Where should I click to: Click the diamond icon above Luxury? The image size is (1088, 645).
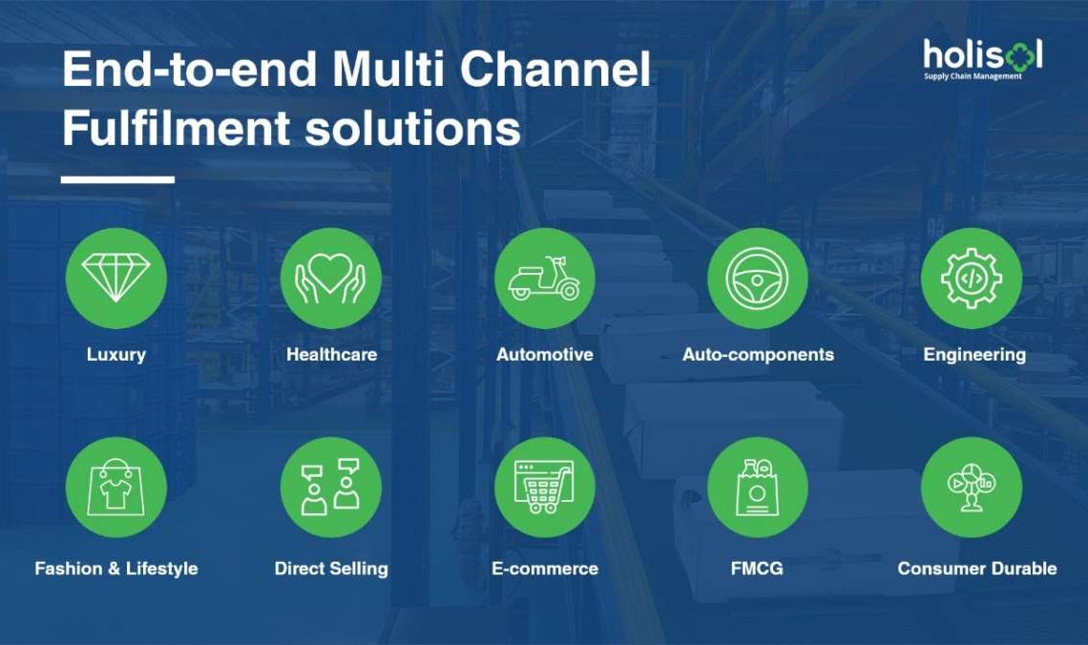click(x=115, y=278)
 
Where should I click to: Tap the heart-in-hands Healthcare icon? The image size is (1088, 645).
click(x=331, y=278)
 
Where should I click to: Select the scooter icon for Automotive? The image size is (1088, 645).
click(x=545, y=278)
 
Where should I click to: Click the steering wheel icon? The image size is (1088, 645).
click(x=758, y=278)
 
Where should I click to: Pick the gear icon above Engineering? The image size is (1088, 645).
click(x=972, y=278)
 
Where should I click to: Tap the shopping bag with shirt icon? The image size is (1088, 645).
click(x=115, y=488)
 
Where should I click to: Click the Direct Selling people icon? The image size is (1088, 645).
click(x=331, y=488)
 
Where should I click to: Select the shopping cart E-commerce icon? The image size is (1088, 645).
click(x=545, y=488)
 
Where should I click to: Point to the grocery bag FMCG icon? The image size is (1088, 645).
click(x=758, y=488)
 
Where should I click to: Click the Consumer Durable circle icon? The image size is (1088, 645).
click(x=972, y=488)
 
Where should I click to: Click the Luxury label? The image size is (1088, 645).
click(x=115, y=355)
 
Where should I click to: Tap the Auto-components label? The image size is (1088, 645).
click(x=759, y=354)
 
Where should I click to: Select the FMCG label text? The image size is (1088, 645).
click(x=757, y=569)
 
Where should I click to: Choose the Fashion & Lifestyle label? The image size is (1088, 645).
click(x=116, y=569)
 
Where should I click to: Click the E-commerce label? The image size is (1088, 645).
click(x=545, y=569)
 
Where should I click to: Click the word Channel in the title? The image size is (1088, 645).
click(x=555, y=69)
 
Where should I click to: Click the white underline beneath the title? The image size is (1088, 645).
click(x=118, y=179)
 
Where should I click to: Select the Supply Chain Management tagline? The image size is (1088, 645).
click(x=973, y=76)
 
